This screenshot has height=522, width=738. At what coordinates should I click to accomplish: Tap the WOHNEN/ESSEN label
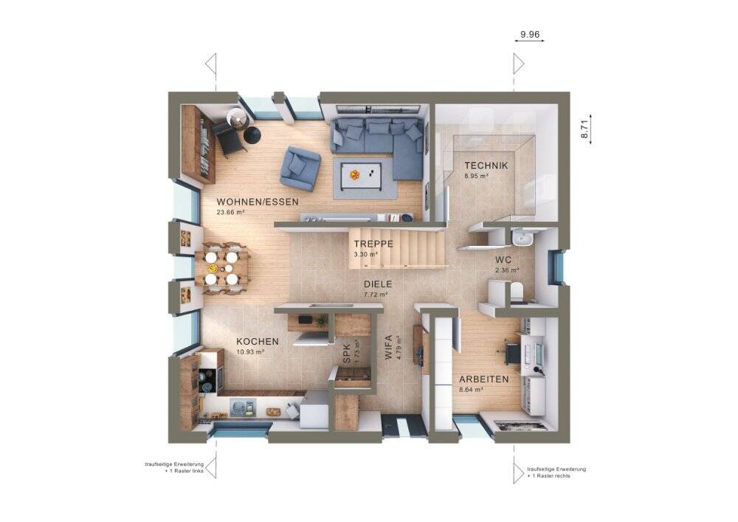coord(258,202)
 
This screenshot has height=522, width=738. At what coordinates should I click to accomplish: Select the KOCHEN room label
coord(258,342)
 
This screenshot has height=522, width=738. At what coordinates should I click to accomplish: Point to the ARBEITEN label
coord(484,380)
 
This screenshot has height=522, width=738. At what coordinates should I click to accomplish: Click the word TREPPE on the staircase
coord(373,244)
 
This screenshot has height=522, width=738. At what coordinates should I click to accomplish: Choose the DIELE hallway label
coord(377,284)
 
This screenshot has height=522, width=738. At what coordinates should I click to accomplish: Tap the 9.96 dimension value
coord(529,35)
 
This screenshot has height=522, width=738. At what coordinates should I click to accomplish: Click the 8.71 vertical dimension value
coord(584,129)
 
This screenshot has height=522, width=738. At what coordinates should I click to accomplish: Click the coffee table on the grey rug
coord(362,175)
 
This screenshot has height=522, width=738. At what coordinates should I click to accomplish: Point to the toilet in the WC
coord(516,291)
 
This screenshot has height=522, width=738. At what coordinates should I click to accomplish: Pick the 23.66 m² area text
coord(230,213)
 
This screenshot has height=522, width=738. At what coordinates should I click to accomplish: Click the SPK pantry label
coord(348,354)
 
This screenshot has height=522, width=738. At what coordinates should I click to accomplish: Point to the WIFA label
coord(388,347)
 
